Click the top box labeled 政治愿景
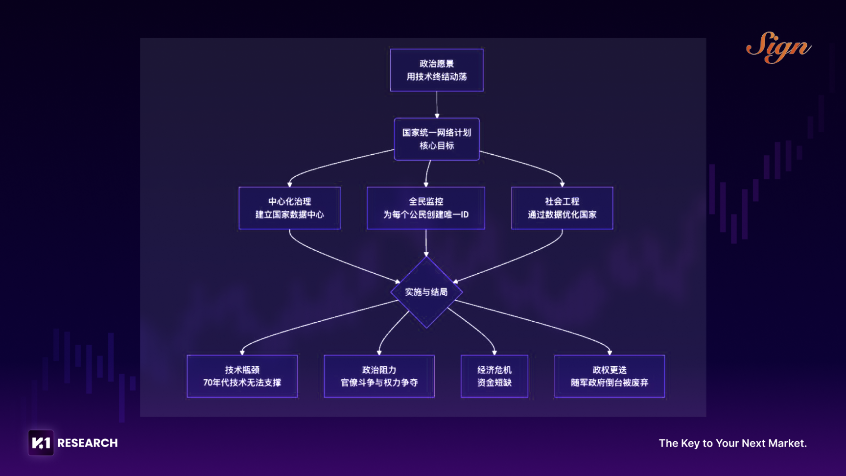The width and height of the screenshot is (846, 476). click(436, 70)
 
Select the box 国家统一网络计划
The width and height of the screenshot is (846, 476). click(436, 139)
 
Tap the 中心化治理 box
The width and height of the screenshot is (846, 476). click(289, 208)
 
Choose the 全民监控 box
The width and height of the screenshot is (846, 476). click(426, 208)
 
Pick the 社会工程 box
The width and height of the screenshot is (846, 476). click(562, 208)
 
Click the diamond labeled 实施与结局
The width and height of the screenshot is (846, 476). click(426, 292)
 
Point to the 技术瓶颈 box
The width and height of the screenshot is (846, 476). click(242, 376)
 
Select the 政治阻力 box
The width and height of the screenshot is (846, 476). click(379, 376)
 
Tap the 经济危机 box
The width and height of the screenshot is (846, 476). click(494, 376)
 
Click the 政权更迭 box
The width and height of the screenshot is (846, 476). click(610, 376)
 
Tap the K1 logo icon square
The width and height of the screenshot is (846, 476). click(41, 443)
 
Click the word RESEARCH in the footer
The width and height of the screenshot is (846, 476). click(88, 443)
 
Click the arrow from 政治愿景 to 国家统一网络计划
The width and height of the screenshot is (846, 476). click(437, 104)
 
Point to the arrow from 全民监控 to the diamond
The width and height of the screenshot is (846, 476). click(426, 242)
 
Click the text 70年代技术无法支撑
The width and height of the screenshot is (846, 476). click(242, 382)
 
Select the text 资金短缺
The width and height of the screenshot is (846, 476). click(494, 382)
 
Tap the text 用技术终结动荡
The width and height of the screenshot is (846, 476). click(436, 77)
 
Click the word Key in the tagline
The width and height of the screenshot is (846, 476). click(690, 443)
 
